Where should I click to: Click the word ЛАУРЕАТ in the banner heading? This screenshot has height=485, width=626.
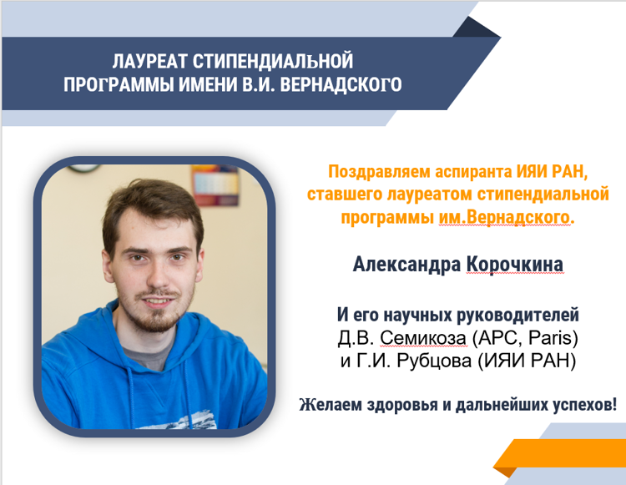click(149, 61)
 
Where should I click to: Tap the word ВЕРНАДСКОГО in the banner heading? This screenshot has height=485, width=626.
click(341, 84)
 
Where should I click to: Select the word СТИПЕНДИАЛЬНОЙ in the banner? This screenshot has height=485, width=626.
click(273, 61)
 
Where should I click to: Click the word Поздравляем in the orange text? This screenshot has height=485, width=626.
click(379, 172)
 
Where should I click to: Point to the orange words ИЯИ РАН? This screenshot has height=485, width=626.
click(553, 172)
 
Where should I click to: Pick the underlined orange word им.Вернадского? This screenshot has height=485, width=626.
click(504, 218)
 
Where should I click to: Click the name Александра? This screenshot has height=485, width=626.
click(406, 265)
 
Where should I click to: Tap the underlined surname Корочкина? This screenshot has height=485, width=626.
click(515, 265)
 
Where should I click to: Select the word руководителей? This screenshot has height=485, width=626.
click(517, 315)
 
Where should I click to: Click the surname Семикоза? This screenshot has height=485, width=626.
click(423, 338)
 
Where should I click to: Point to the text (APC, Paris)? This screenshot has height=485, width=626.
click(525, 338)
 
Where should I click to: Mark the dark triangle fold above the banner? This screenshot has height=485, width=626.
click(475, 28)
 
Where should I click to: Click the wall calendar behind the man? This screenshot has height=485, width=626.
click(215, 184)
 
